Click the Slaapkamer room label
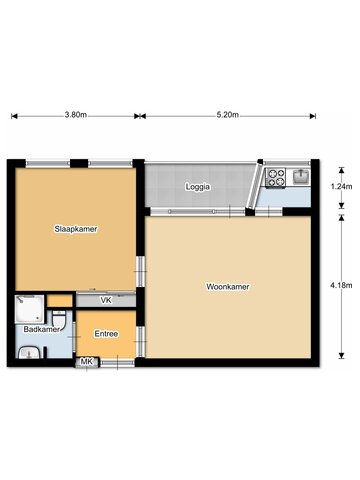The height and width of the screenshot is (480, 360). (x=76, y=229)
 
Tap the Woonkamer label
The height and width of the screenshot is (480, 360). (x=228, y=287)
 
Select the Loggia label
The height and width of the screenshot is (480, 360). (x=198, y=187)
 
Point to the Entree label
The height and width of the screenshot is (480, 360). (x=106, y=334)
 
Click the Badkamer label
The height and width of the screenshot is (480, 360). (x=41, y=329)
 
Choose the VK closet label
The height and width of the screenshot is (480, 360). (x=106, y=300)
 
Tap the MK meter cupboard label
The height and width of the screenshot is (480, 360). (x=87, y=361)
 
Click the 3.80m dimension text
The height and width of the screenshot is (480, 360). (x=76, y=115)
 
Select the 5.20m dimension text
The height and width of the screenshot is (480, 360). (x=228, y=115)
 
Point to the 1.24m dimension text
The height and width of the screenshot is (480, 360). (x=341, y=187)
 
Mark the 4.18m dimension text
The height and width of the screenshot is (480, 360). (x=341, y=285)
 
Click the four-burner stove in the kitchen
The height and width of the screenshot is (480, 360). (x=276, y=178)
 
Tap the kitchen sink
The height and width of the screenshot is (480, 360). (x=301, y=176)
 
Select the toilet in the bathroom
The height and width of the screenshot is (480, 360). (x=60, y=319)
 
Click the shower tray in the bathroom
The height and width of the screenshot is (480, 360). (x=29, y=309)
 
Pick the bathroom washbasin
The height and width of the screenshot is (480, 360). (x=29, y=353)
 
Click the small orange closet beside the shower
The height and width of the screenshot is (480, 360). (x=59, y=301)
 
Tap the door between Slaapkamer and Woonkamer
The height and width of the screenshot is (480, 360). (x=141, y=272)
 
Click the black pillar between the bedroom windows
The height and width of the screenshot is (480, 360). (x=79, y=163)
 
